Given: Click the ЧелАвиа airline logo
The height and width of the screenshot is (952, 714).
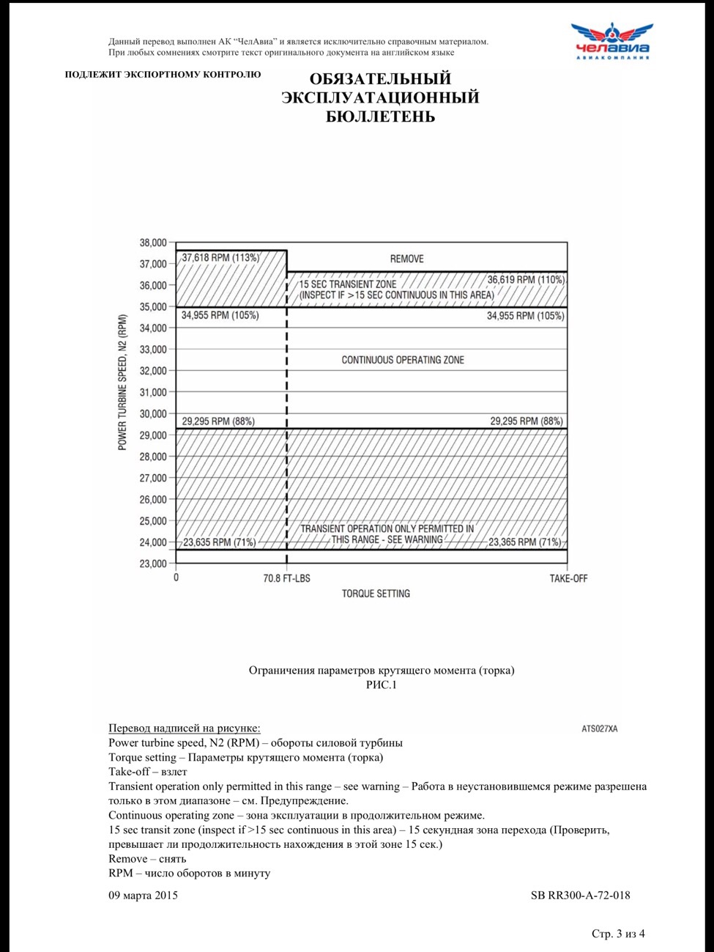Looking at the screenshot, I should pos(611,41).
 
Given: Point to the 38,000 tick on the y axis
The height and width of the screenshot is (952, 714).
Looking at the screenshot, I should pos(153,243).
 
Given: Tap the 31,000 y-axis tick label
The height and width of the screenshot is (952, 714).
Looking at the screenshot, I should pos(153,392).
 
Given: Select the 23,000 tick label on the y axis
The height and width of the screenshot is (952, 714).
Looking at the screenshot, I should pos(153,564).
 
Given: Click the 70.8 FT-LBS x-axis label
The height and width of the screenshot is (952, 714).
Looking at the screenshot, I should pos(286,578).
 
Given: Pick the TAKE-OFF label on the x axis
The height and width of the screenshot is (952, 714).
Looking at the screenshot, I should pos(568,578).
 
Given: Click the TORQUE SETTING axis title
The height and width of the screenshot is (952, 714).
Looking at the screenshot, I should pos(376,594).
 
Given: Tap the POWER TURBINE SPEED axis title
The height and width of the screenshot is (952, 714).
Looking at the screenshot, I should pos(122,383).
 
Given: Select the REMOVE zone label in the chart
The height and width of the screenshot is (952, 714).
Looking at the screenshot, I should pos(406,259).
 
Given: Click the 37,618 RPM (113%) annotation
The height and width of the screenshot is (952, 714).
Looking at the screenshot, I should pos(220,258).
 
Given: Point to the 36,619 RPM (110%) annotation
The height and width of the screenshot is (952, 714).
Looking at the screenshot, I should pos(526,279).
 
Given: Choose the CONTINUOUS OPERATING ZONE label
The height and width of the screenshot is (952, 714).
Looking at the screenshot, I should pos(403,360).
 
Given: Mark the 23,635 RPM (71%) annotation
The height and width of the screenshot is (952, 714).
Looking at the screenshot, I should pos(219,542).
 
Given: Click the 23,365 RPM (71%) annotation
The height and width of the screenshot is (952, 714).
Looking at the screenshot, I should pos(524,542).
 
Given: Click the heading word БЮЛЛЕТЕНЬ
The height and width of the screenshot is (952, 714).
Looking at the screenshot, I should pos(380,117).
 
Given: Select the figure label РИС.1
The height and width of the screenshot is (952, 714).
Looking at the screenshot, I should pos(381,685).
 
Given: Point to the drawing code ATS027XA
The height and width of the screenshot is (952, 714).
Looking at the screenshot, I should pos(599,728).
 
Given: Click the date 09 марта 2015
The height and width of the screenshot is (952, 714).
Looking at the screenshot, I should pos(143,895).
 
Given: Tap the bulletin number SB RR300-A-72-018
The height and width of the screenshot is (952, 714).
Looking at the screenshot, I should pos(580,895).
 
